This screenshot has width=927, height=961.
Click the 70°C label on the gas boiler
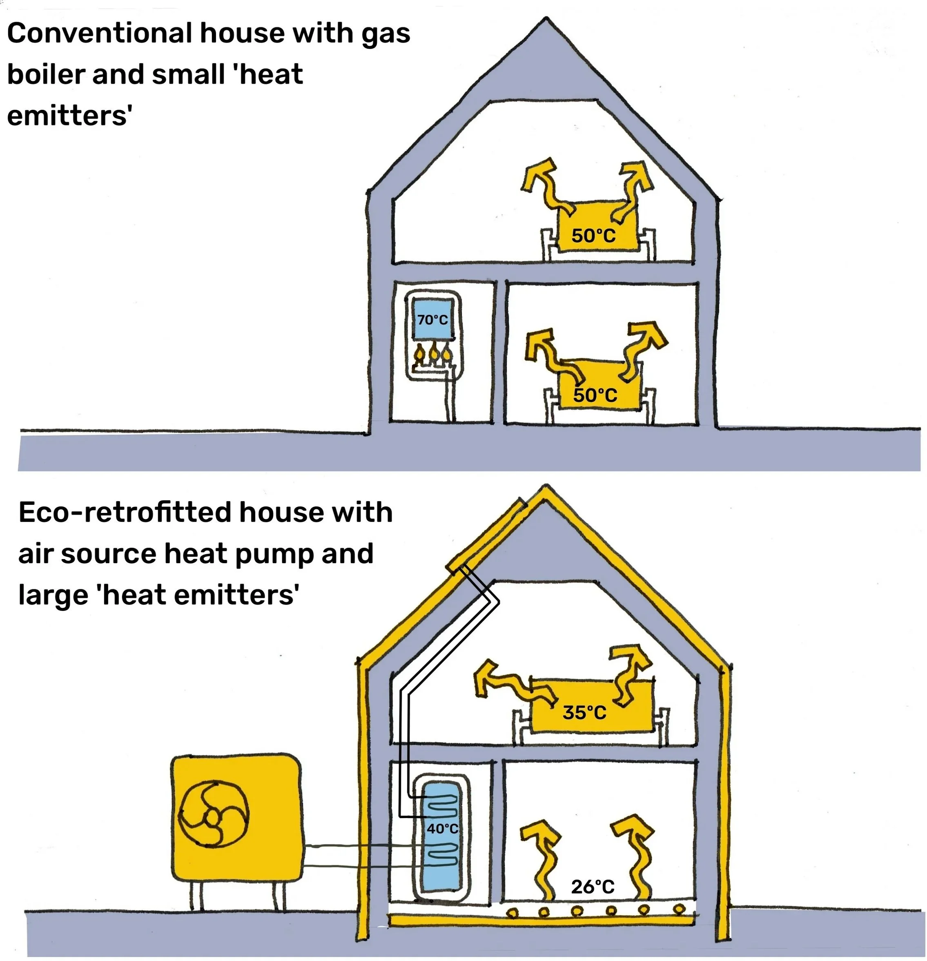(432, 320)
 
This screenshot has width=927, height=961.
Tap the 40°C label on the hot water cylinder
(442, 828)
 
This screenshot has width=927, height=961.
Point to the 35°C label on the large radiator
(584, 712)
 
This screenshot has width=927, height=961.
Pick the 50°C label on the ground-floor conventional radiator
(595, 395)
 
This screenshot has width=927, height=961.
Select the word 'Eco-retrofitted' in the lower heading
(125, 513)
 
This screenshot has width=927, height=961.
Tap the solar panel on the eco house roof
(485, 535)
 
